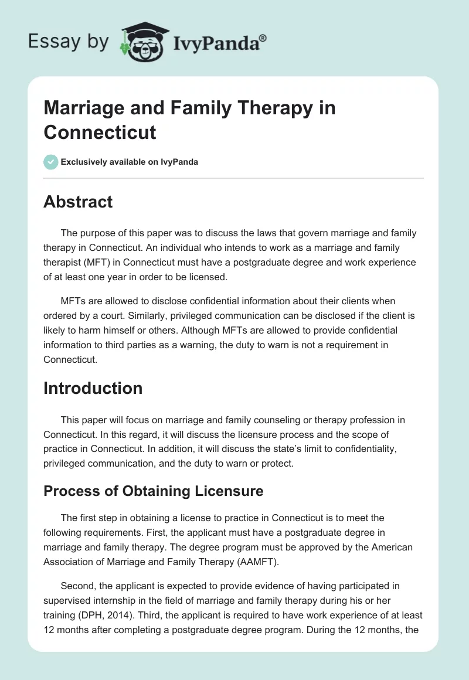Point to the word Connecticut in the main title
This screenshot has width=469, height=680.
point(100,131)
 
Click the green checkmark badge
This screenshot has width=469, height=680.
point(50,162)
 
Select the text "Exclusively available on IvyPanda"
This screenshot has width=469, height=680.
point(129,162)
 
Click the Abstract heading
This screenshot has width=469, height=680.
point(78,202)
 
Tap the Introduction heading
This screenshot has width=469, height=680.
point(93,388)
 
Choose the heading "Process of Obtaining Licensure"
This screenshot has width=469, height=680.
point(153,491)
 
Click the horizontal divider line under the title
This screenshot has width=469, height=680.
point(233,178)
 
